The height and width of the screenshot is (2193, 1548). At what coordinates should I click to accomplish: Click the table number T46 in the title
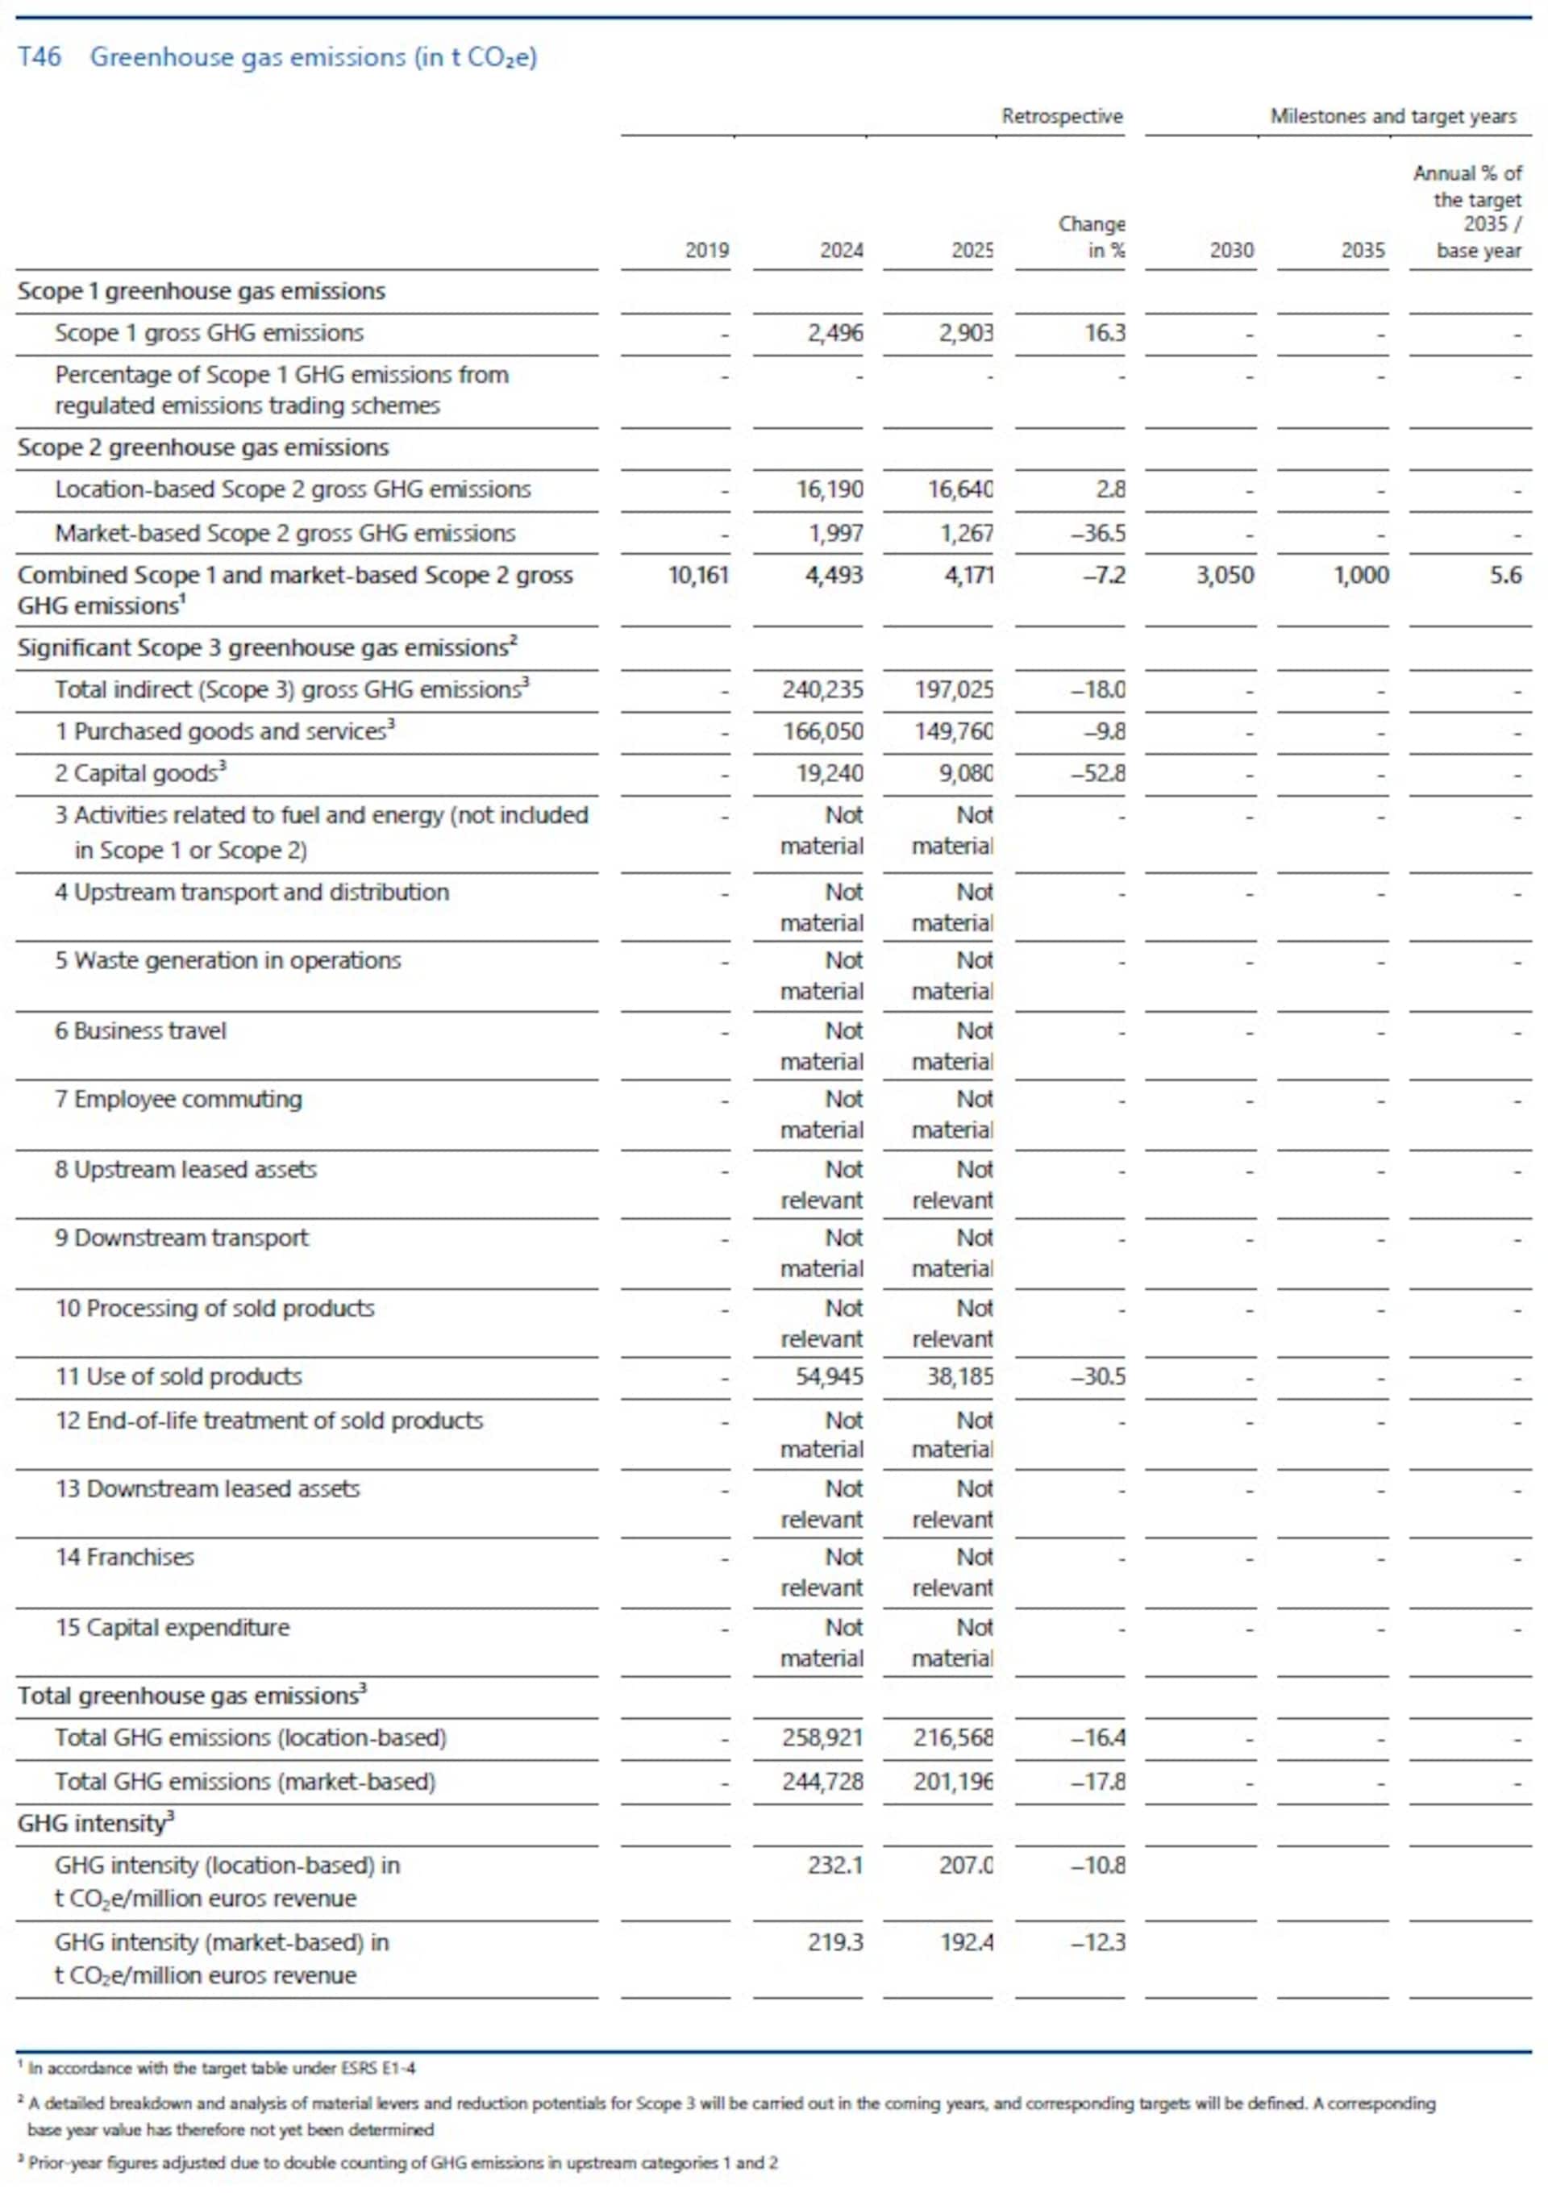[x=40, y=57]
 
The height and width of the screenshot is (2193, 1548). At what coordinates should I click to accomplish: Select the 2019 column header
[x=706, y=250]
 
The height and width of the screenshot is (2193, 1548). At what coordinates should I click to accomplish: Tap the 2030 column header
[x=1231, y=250]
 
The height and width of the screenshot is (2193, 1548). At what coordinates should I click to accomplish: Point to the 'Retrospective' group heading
[x=1061, y=117]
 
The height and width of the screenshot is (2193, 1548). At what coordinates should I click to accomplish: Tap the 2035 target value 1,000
[x=1361, y=575]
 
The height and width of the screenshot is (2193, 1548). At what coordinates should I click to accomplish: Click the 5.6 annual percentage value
[x=1505, y=575]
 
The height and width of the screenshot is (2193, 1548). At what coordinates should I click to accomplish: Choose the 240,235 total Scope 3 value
[x=822, y=689]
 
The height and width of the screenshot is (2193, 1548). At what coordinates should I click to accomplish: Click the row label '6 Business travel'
[x=140, y=1030]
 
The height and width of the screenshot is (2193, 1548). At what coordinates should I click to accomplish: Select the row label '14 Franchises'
[x=124, y=1557]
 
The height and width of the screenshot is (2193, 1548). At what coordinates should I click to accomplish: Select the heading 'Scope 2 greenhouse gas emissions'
[x=202, y=448]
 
